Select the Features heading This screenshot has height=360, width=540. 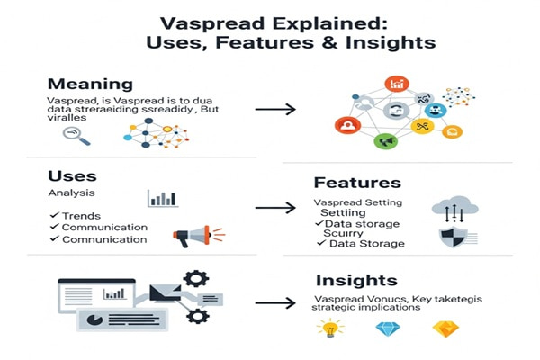(x=356, y=183)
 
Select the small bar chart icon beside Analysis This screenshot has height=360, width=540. (x=162, y=197)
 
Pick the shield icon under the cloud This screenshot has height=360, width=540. (x=450, y=238)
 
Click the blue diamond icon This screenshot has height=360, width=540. (x=386, y=329)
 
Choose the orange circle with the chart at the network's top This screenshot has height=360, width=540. (x=396, y=85)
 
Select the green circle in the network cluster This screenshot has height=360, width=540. (x=385, y=141)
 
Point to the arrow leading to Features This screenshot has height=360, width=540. (x=274, y=208)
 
